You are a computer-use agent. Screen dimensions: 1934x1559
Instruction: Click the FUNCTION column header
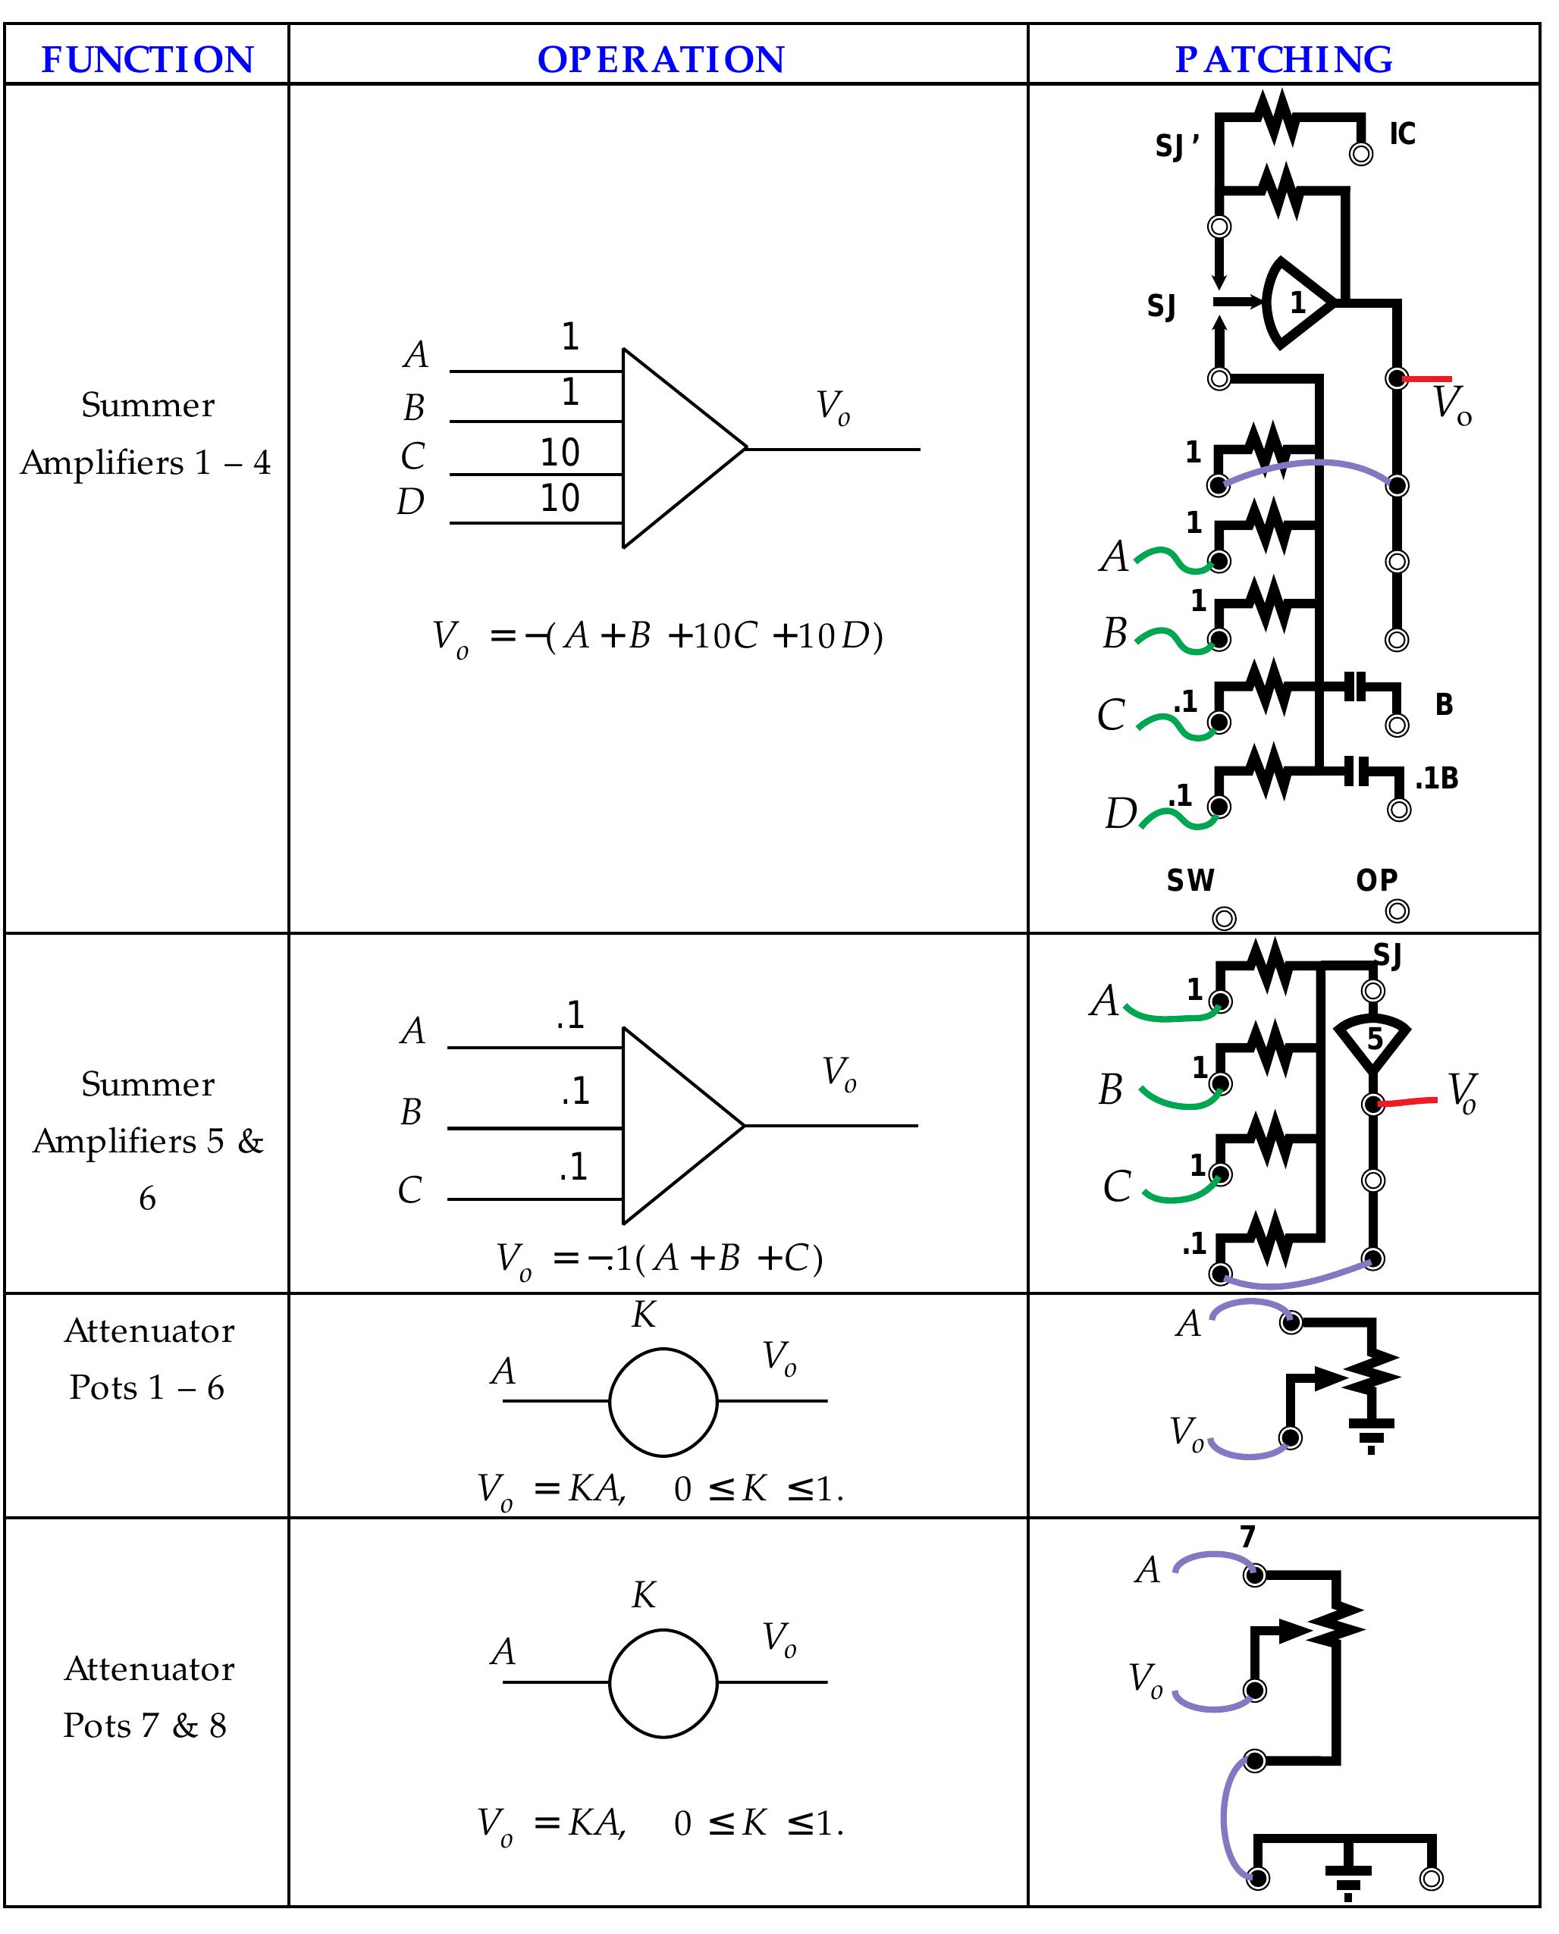(147, 59)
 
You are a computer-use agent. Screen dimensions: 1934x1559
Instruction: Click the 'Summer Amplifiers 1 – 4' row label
(147, 433)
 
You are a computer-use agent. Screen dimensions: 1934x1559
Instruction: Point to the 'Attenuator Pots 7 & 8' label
(147, 1696)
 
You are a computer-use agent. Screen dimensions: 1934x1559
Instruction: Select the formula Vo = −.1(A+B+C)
(660, 1258)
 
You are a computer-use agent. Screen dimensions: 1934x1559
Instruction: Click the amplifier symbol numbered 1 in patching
(1296, 302)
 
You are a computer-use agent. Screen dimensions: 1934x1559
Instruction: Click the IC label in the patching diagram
(1401, 133)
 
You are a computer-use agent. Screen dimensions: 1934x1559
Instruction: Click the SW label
(1190, 881)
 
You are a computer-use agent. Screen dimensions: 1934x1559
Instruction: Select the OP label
(1375, 881)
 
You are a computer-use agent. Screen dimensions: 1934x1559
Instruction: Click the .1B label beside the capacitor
(1436, 779)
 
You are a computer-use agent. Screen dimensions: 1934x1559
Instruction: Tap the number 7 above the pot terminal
(1247, 1537)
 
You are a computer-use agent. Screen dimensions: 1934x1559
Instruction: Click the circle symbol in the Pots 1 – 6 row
(663, 1402)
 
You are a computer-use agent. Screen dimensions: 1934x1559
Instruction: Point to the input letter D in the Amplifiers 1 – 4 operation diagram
(410, 502)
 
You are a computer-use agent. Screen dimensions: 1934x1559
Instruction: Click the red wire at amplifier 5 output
(1407, 1101)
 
